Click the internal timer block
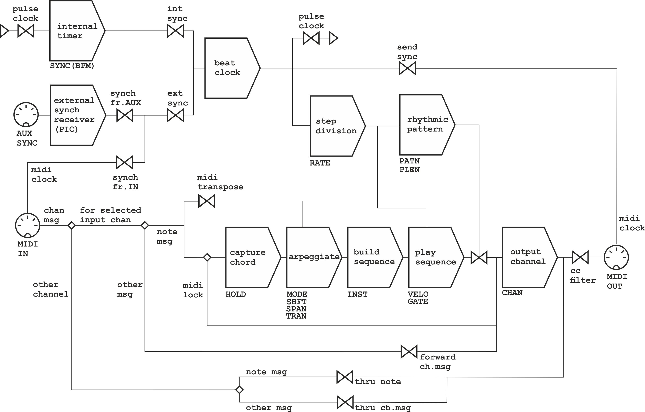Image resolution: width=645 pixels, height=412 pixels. click(75, 31)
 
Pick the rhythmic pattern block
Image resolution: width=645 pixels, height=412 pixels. click(425, 125)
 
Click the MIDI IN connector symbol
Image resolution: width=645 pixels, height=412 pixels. click(28, 225)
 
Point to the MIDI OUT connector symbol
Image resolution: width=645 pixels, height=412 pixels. click(616, 257)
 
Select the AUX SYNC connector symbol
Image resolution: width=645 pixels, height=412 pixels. click(26, 115)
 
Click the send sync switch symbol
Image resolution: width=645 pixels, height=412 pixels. click(407, 68)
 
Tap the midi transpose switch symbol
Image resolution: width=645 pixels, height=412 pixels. click(207, 201)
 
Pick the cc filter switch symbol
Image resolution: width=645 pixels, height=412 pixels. click(580, 257)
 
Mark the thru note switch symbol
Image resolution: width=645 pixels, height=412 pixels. click(345, 377)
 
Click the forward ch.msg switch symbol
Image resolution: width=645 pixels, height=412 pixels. click(409, 352)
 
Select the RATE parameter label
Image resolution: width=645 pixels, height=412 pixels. click(320, 163)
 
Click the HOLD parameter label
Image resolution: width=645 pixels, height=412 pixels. click(235, 294)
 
